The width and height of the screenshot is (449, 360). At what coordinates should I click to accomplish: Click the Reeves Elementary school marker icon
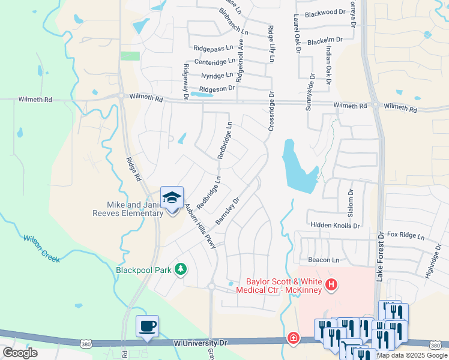(x=172, y=198)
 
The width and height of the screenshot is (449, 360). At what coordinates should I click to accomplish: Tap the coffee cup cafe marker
(x=147, y=326)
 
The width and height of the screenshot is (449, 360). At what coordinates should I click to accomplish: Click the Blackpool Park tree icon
(x=179, y=269)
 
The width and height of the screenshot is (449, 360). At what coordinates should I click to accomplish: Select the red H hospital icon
(x=330, y=286)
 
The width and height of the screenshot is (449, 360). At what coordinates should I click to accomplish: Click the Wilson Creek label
(x=42, y=248)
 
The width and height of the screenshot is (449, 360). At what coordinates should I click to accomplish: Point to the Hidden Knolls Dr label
(x=334, y=226)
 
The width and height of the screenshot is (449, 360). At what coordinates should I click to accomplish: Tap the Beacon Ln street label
(x=324, y=260)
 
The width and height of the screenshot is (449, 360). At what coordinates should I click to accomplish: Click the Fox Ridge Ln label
(x=406, y=235)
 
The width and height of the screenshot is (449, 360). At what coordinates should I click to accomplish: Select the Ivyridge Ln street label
(x=217, y=76)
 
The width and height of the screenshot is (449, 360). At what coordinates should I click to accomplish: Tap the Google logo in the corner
(x=20, y=353)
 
